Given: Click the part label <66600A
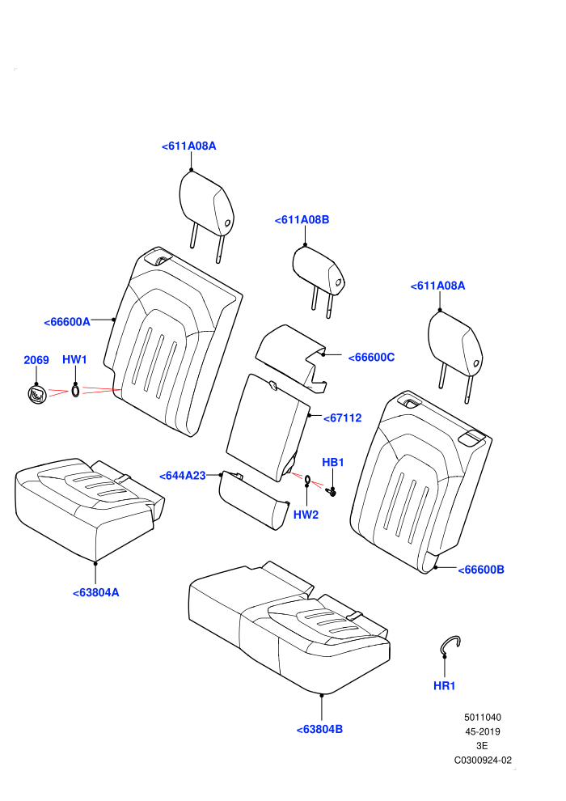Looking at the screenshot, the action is pos(67,322).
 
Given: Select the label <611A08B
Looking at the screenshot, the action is pos(302,219).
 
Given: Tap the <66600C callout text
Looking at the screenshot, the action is pos(371,357).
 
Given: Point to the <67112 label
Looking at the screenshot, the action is pos(343,417).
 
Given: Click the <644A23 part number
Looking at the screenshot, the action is pos(183,476).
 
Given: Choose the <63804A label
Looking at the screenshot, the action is pos(96,592).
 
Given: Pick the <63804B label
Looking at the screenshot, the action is pos(319,730).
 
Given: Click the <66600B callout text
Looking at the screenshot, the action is pos(481,570).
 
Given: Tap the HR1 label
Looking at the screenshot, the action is pos(444,685).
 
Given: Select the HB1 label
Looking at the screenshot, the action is pos(333,462).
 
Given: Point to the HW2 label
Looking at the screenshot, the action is pos(306,515).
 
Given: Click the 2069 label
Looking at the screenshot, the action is pos(36,360).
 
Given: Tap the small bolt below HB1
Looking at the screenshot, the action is pos(331,491).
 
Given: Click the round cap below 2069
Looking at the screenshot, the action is pos(36,394).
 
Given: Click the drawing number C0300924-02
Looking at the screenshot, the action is pos(483,760).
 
